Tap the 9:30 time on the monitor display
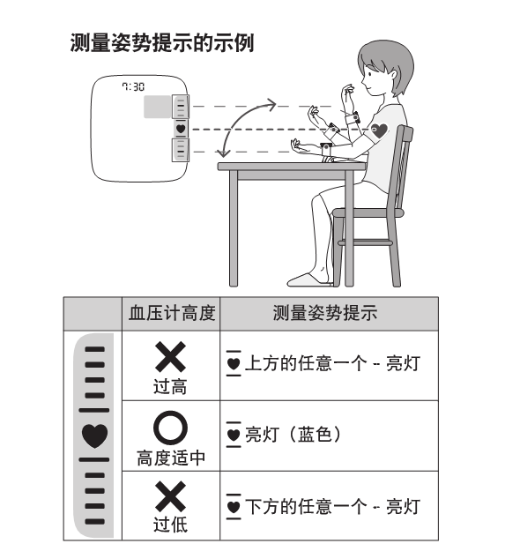(x=133, y=87)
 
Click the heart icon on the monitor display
(x=180, y=130)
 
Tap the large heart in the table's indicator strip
(x=93, y=436)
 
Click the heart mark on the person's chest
(x=380, y=131)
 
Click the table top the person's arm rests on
(x=291, y=166)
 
